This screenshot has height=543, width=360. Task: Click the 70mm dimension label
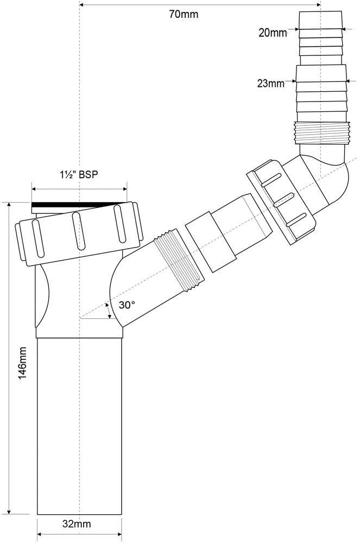coord(184,14)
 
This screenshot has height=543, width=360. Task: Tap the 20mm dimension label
coord(273,33)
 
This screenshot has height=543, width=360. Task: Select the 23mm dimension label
coord(271,84)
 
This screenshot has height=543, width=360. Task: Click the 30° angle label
coord(127,305)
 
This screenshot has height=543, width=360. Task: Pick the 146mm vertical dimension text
coord(23,363)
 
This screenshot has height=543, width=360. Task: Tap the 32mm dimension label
coord(77,524)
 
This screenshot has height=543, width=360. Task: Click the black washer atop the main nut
coord(79,205)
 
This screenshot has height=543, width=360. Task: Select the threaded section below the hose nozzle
coord(323,133)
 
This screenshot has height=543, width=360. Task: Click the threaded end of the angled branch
coord(179,262)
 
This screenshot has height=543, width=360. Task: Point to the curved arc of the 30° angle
coord(109,310)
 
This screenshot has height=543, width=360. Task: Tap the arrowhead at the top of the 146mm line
coord(9,205)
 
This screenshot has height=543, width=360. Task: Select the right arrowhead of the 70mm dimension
coord(318,4)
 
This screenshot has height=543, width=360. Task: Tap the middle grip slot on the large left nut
coord(79,231)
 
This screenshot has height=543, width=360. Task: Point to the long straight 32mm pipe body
coord(79,426)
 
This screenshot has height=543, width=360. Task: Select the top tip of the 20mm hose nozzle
coord(320,11)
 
